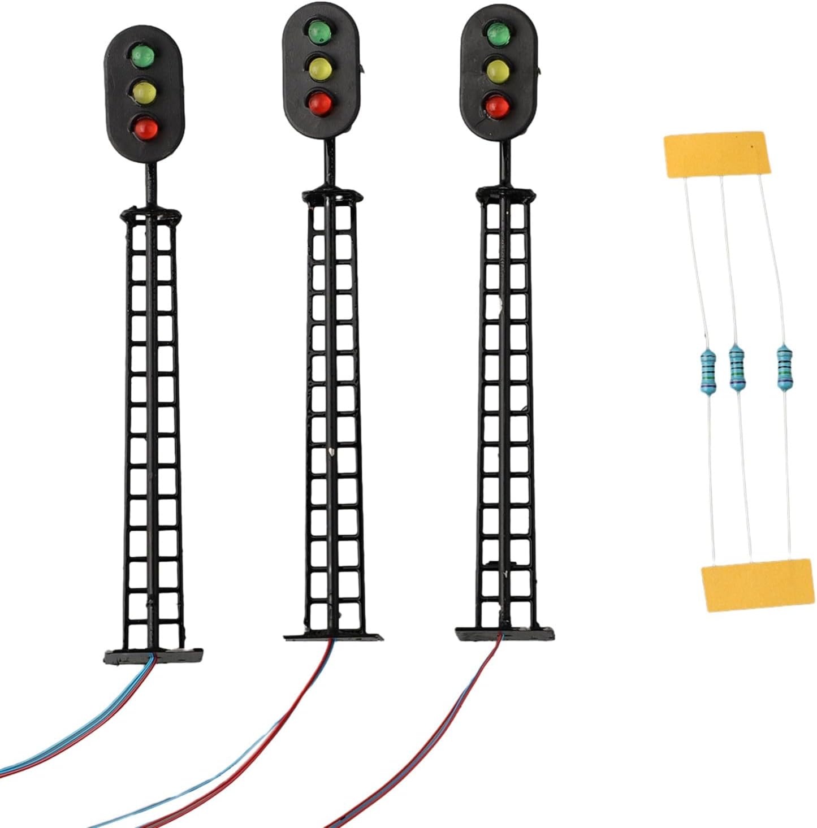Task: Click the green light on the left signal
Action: tap(143, 55)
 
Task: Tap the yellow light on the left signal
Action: tap(144, 90)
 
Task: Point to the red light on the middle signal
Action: tap(319, 103)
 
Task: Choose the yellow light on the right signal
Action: tap(497, 70)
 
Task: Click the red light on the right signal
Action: tap(496, 105)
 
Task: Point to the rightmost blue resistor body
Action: tap(784, 367)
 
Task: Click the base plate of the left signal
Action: tap(153, 657)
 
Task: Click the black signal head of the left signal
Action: tap(145, 93)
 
